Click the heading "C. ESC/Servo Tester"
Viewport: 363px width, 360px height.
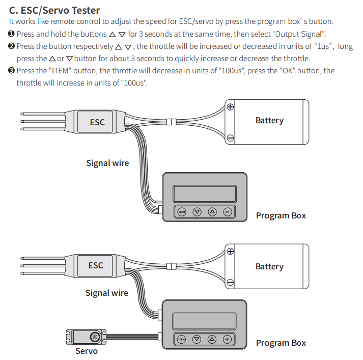[54, 10]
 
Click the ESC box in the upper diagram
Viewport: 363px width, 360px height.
[97, 122]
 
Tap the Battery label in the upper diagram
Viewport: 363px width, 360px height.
[269, 121]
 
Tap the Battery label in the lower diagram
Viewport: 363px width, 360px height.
[269, 266]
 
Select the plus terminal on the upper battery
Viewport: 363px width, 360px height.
[230, 107]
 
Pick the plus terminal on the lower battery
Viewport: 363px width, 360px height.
[230, 251]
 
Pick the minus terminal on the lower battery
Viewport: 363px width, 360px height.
[230, 283]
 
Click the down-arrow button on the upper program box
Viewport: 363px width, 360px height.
[197, 212]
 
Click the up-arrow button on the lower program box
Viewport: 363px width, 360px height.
[212, 339]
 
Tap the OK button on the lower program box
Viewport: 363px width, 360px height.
[228, 339]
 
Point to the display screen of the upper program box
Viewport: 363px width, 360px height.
[205, 193]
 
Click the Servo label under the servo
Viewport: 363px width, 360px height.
[87, 351]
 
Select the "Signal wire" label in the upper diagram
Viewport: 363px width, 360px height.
[107, 163]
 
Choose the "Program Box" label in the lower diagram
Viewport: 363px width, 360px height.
[281, 343]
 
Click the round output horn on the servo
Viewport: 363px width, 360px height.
[94, 337]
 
